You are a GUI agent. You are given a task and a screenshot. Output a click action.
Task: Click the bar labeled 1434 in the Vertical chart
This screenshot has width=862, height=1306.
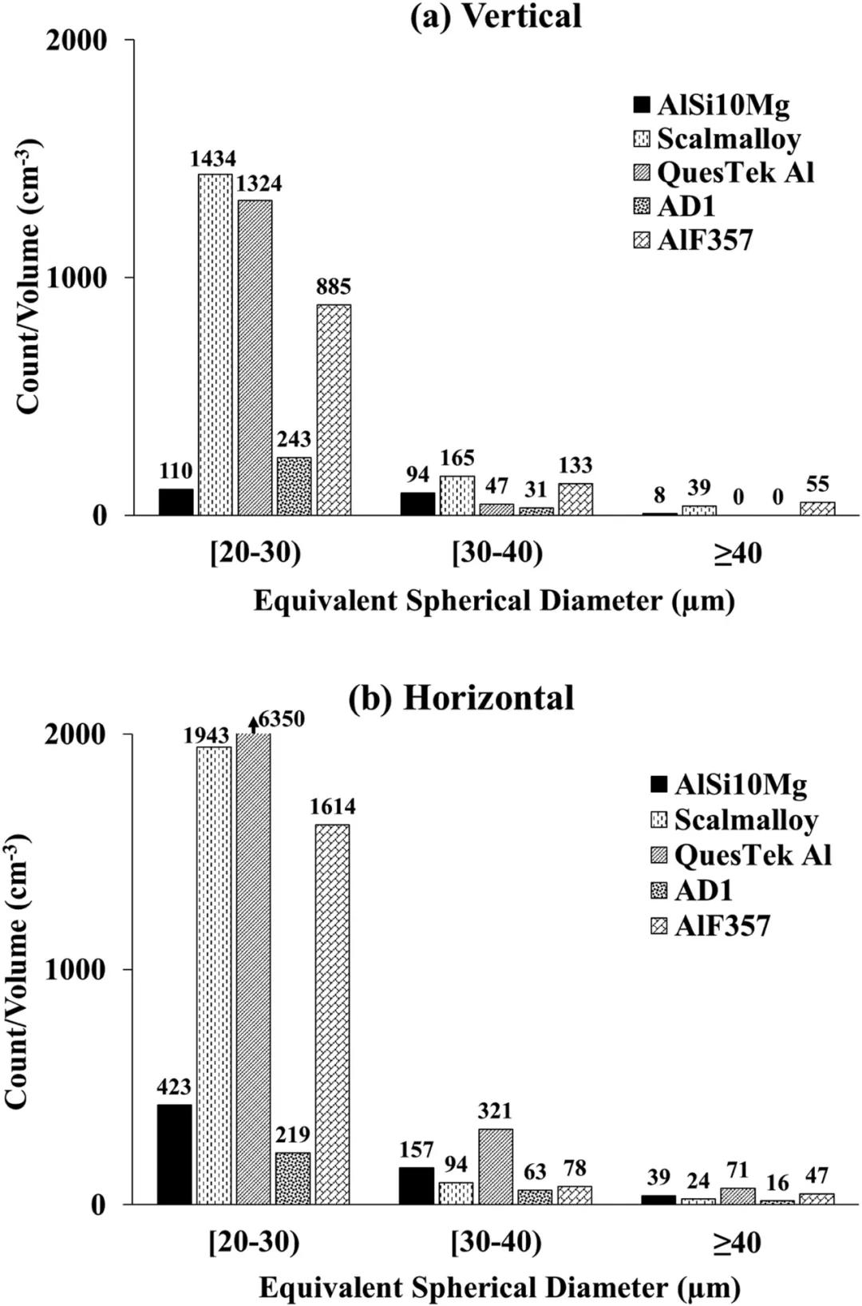click(x=215, y=344)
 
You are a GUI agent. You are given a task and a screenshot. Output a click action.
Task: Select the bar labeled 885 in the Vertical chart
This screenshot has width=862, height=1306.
click(x=334, y=410)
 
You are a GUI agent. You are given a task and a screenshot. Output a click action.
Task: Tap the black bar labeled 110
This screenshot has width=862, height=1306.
click(x=176, y=502)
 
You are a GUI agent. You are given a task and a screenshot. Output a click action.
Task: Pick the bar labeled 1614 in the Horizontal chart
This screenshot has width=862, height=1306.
click(x=332, y=1014)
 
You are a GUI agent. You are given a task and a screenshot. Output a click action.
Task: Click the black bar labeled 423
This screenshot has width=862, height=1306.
click(x=174, y=1154)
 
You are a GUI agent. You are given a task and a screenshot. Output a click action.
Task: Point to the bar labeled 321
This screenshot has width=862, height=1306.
click(x=496, y=1166)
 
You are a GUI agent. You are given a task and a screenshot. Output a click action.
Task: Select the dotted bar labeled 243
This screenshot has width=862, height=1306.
click(x=294, y=486)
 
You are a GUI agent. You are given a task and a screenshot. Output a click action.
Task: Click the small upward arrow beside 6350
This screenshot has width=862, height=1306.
click(x=253, y=723)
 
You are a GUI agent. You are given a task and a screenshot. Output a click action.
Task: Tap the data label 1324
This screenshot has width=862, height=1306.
click(x=259, y=184)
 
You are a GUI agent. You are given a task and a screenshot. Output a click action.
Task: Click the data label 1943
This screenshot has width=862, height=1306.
click(x=207, y=735)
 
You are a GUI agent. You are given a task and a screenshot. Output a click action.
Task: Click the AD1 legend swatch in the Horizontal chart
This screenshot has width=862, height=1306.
click(x=659, y=890)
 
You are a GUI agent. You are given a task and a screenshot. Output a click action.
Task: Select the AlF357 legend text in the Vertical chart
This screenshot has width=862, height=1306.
click(x=705, y=240)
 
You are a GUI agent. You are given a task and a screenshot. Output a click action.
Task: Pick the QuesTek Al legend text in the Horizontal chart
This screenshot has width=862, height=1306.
click(x=753, y=855)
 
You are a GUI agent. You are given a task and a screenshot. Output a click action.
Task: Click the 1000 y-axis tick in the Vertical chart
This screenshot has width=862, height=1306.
click(x=77, y=278)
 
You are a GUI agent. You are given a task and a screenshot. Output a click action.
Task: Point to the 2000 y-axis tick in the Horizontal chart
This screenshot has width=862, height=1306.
click(x=76, y=734)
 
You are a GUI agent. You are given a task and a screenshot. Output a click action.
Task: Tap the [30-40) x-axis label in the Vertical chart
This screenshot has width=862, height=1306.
click(x=497, y=552)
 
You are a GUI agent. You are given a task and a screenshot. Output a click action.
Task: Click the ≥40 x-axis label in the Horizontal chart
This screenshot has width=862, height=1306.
click(x=737, y=1243)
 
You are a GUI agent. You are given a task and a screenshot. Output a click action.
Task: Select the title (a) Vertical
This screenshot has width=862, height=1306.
click(x=496, y=17)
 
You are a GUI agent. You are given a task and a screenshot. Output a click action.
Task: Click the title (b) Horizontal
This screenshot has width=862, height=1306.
click(x=461, y=698)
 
